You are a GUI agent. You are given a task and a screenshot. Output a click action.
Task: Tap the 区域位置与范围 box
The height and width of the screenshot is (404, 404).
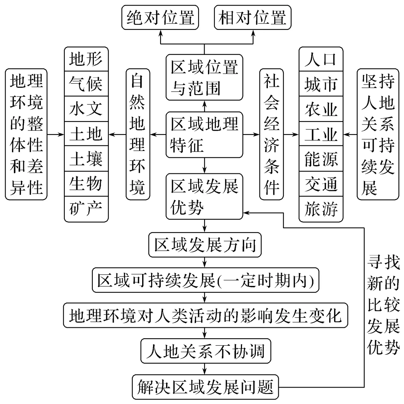coord(205,77)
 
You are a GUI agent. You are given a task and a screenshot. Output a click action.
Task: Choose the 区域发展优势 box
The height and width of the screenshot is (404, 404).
coord(205,196)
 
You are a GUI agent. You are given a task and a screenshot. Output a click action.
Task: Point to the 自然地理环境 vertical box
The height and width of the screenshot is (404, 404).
coord(138,133)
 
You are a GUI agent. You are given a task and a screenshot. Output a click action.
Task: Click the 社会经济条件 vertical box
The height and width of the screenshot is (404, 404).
coord(272,133)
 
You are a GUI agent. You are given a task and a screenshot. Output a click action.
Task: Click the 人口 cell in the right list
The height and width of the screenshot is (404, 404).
coord(321,59)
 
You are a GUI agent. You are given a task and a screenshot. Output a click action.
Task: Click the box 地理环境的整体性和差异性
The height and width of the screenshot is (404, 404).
coord(26,133)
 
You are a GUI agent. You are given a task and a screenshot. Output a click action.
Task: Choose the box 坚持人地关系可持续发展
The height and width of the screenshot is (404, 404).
coord(378,133)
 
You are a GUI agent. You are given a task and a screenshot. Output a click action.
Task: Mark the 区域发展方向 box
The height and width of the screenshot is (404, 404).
coord(205,246)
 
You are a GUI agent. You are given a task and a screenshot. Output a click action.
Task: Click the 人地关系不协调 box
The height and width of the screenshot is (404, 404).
coord(205,352)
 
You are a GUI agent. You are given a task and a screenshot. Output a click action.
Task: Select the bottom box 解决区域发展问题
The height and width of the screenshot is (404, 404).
coord(205,386)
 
